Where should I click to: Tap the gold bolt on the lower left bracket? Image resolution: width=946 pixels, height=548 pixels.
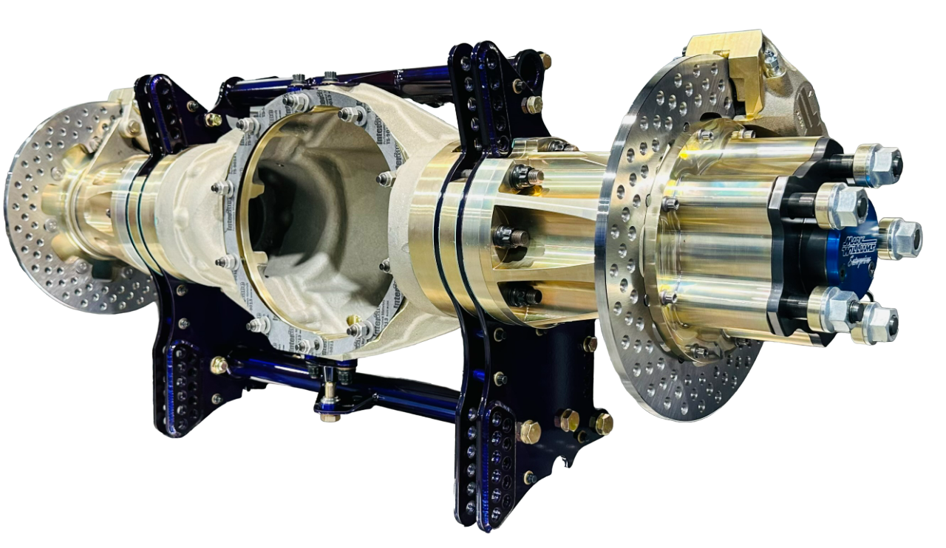pyautogui.click(x=220, y=365)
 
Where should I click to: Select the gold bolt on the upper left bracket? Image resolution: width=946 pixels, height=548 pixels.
pyautogui.click(x=213, y=119)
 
